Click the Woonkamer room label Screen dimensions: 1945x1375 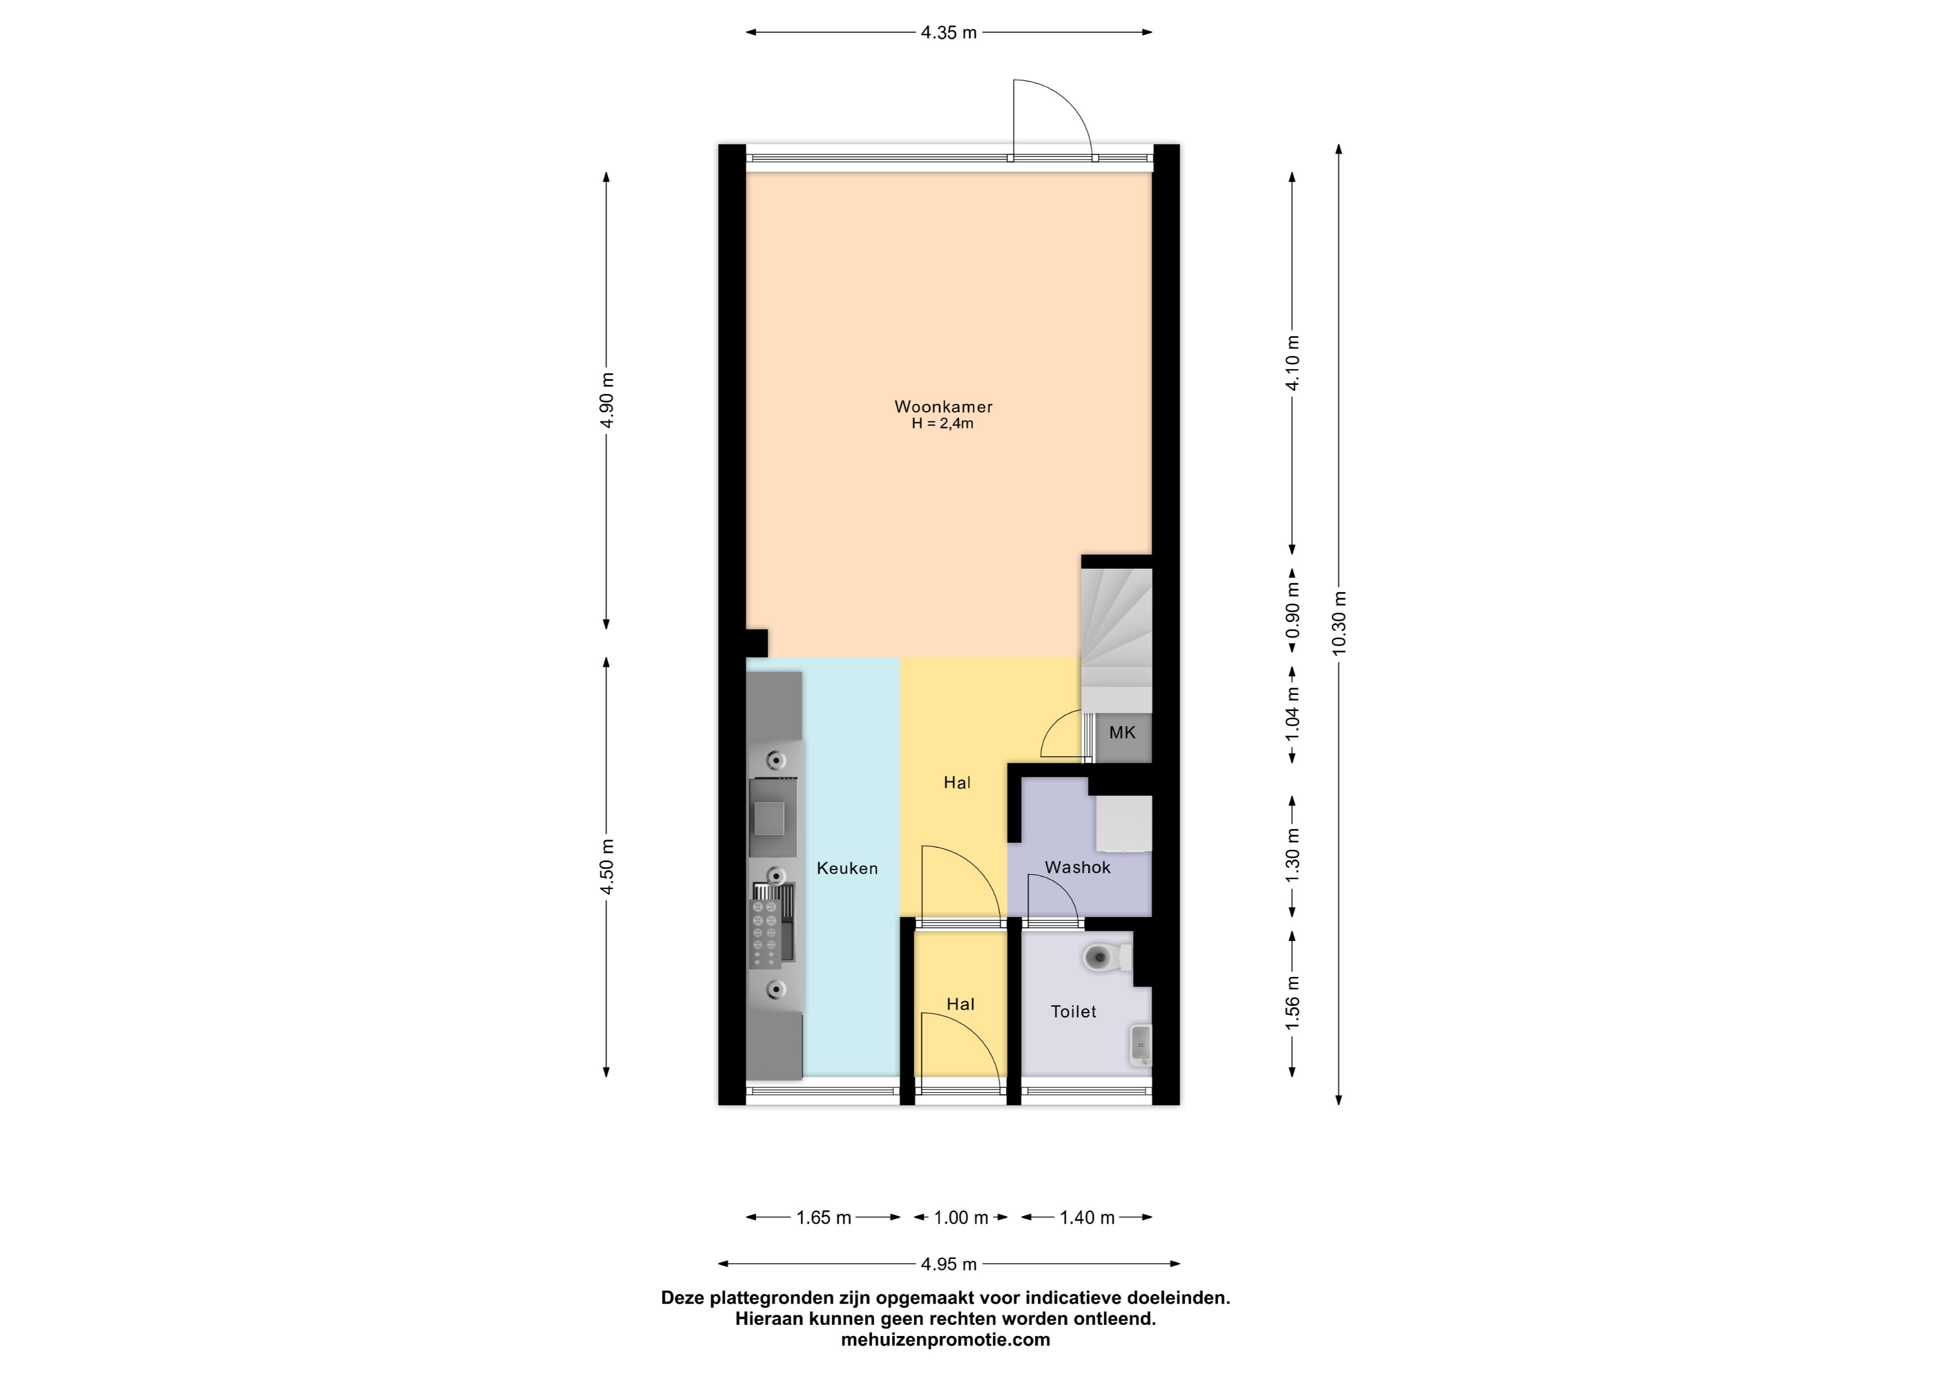point(943,407)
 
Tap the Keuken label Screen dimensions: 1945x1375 point(847,869)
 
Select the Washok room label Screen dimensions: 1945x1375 point(1077,868)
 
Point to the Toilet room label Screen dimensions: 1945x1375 point(1073,1011)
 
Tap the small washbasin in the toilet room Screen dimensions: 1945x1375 point(1141,1045)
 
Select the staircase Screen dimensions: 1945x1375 point(1116,640)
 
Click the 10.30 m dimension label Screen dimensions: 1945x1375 point(1339,623)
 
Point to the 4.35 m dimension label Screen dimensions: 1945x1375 point(949,33)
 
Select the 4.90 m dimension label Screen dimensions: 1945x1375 point(606,402)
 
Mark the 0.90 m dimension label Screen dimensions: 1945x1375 point(1292,612)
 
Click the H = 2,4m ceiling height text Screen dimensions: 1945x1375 point(942,423)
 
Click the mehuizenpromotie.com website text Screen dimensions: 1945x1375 point(945,1340)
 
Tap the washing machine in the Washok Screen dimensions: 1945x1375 point(1124,822)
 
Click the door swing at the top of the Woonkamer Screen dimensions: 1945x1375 point(1052,119)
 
